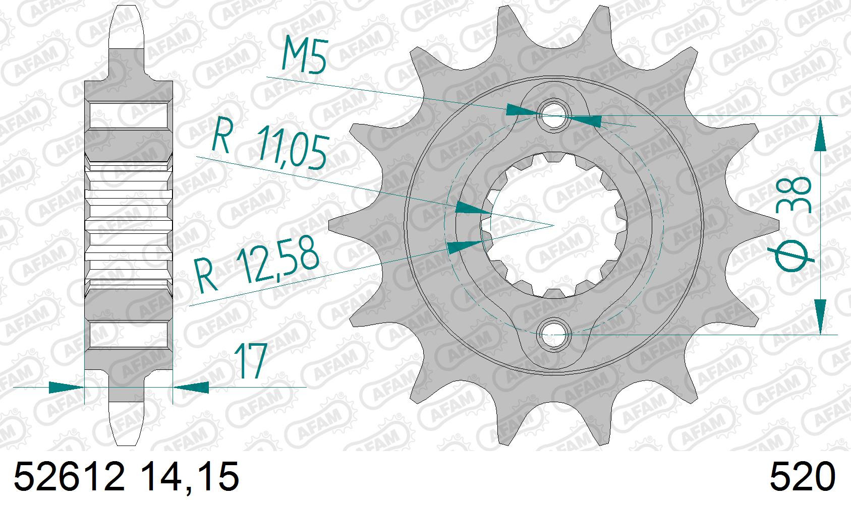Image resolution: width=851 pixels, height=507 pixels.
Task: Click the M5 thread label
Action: pyautogui.click(x=304, y=54)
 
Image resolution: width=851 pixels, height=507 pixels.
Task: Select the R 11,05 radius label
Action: pyautogui.click(x=270, y=142)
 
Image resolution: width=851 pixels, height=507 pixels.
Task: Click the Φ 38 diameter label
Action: pyautogui.click(x=791, y=224)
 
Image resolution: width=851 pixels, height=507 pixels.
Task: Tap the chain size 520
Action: pyautogui.click(x=803, y=477)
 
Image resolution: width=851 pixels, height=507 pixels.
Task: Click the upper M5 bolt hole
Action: pyautogui.click(x=553, y=115)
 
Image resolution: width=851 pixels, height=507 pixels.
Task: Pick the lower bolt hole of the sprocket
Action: pyautogui.click(x=553, y=335)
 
